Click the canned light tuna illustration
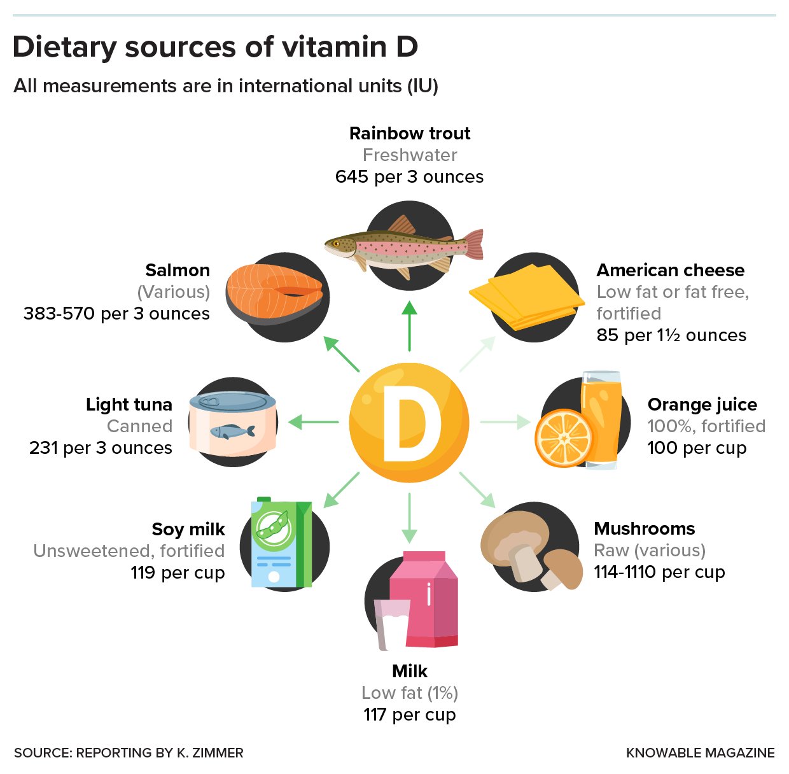coord(233,423)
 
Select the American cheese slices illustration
coord(526,297)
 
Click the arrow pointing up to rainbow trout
coord(410,326)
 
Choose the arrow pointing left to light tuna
coord(314,422)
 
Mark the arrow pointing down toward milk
coord(410,517)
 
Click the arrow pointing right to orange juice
coord(505,422)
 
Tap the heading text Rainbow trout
coord(410,134)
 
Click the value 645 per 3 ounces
coord(410,177)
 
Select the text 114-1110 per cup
coord(659,572)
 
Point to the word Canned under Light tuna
coord(139,426)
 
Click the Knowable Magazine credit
coord(700,753)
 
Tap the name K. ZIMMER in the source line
coord(210,753)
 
